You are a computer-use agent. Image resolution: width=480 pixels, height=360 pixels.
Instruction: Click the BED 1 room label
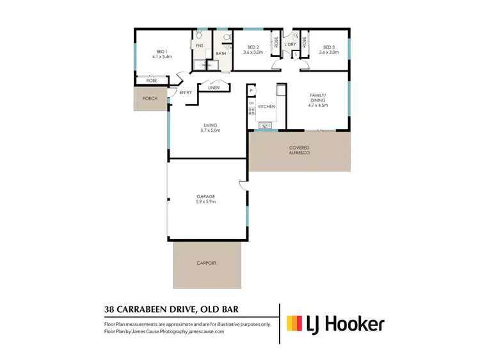pyautogui.click(x=162, y=52)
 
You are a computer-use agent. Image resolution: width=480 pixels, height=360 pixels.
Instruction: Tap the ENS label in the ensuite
pyautogui.click(x=199, y=46)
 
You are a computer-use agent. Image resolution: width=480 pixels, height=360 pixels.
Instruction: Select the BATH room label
pyautogui.click(x=220, y=53)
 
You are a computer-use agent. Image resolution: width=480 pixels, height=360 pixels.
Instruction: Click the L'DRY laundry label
pyautogui.click(x=298, y=45)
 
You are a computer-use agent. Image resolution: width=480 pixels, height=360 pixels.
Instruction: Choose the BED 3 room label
pyautogui.click(x=330, y=47)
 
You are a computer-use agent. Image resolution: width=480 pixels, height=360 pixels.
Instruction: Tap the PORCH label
pyautogui.click(x=150, y=98)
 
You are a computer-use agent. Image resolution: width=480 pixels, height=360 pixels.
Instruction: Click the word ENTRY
pyautogui.click(x=186, y=93)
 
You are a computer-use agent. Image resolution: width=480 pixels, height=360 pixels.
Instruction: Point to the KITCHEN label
pyautogui.click(x=267, y=106)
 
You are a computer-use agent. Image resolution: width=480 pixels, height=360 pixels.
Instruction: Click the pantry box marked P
pyautogui.click(x=252, y=90)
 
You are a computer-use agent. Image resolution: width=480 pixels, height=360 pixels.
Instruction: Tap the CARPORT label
pyautogui.click(x=206, y=263)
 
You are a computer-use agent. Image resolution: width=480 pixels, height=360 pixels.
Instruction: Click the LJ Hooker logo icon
pyautogui.click(x=295, y=324)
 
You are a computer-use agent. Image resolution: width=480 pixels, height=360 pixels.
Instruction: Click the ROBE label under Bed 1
pyautogui.click(x=152, y=81)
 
